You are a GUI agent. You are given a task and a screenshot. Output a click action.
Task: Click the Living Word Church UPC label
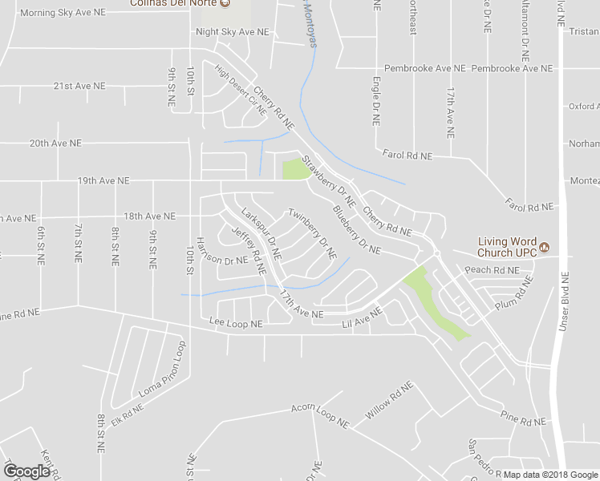507,247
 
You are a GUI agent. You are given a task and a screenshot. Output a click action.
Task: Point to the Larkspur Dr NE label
261,233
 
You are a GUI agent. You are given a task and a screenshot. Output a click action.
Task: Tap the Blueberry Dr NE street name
356,232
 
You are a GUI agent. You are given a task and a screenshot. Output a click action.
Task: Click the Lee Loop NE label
236,324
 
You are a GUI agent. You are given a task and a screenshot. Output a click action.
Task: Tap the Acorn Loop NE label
320,414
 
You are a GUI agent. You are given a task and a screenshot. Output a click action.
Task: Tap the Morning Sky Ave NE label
62,13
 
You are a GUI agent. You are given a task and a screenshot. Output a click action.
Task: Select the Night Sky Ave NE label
233,31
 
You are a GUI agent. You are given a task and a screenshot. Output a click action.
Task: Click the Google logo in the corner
26,471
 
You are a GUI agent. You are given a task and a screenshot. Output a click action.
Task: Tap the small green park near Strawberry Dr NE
295,169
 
